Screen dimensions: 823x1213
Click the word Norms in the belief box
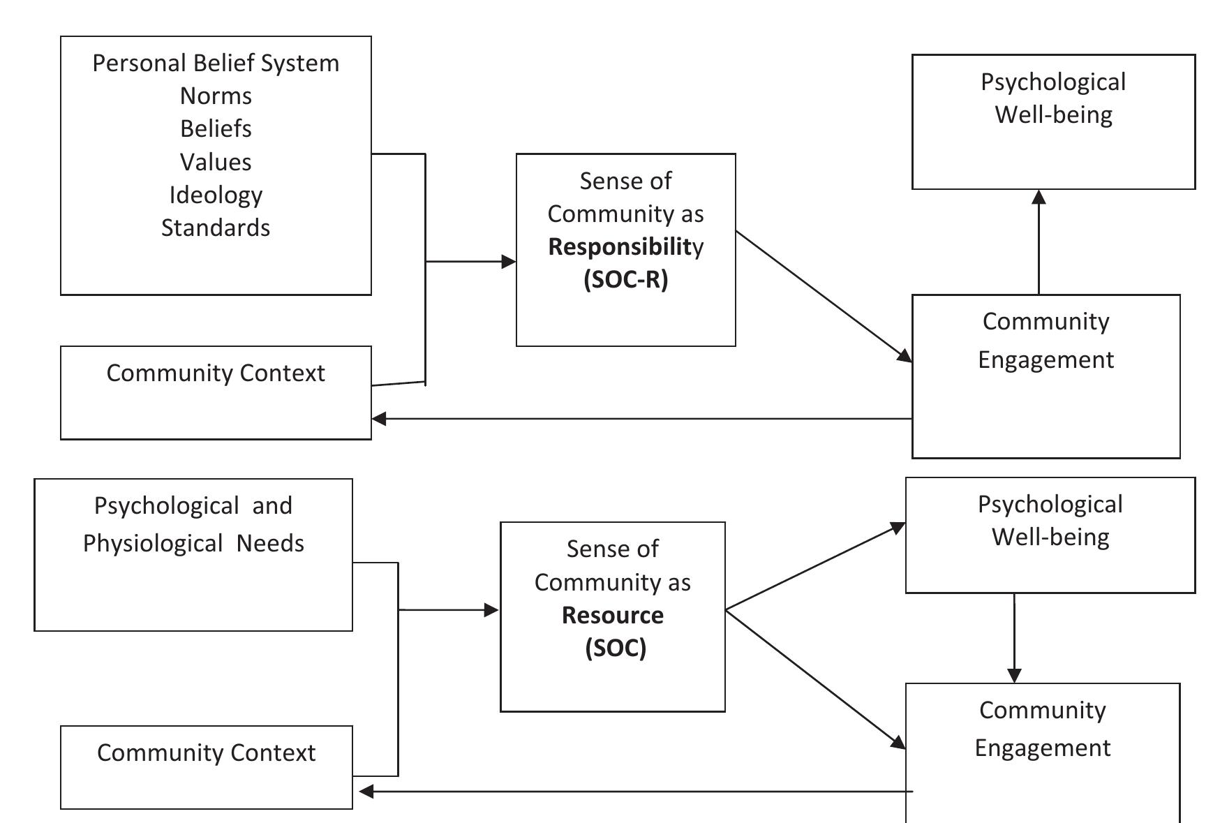(216, 96)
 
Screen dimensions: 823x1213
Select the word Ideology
(216, 195)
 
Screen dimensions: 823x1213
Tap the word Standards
(216, 228)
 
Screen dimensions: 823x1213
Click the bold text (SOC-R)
(625, 279)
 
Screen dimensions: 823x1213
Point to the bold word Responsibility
(625, 246)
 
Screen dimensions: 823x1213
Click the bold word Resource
(612, 615)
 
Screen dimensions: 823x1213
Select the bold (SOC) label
(615, 648)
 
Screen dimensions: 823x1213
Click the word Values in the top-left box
(216, 162)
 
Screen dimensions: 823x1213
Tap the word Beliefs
(216, 128)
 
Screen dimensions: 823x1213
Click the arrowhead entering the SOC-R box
(509, 262)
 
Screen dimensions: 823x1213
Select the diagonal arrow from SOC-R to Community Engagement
(824, 297)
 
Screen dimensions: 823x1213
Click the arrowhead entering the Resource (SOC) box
(491, 610)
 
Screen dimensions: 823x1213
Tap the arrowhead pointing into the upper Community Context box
(380, 419)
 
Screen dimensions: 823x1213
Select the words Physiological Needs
(193, 543)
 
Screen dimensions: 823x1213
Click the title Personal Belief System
(216, 63)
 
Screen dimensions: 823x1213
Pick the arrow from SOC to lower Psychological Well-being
(815, 566)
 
